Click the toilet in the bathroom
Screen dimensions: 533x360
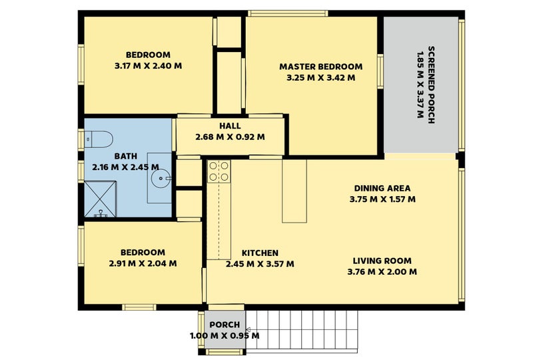pyautogui.click(x=99, y=139)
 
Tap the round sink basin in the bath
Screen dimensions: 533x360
pyautogui.click(x=161, y=178)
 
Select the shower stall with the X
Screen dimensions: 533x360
pyautogui.click(x=101, y=199)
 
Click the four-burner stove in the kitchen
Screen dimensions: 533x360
pyautogui.click(x=219, y=171)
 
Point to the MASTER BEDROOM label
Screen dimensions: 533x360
pyautogui.click(x=321, y=67)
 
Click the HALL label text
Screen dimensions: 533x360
pyautogui.click(x=230, y=126)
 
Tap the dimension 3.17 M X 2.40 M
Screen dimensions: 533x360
pyautogui.click(x=148, y=66)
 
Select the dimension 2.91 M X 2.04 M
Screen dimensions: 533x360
pyautogui.click(x=143, y=263)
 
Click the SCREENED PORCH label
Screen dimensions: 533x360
pyautogui.click(x=431, y=85)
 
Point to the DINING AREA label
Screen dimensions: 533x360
pyautogui.click(x=382, y=188)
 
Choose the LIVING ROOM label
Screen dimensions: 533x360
pyautogui.click(x=382, y=261)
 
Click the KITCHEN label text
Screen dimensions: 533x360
pyautogui.click(x=260, y=253)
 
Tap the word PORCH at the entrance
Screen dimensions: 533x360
pyautogui.click(x=225, y=325)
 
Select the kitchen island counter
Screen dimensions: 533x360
pyautogui.click(x=294, y=191)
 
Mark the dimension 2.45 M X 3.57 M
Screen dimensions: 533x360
pyautogui.click(x=260, y=264)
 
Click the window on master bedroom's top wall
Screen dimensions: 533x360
pyautogui.click(x=288, y=13)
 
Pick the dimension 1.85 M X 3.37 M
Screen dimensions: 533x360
pyautogui.click(x=420, y=85)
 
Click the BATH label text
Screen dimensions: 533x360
pyautogui.click(x=126, y=156)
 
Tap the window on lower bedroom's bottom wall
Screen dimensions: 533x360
pyautogui.click(x=139, y=307)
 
